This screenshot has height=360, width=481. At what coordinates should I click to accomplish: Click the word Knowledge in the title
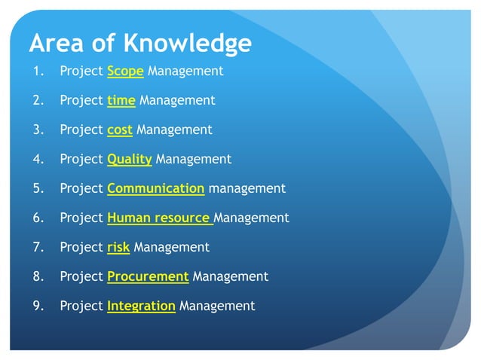[x=188, y=43]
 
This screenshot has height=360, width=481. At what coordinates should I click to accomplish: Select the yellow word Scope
[x=125, y=72]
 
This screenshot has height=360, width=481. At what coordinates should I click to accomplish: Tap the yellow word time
[x=121, y=100]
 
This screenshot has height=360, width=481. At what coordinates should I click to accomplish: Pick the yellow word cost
[x=120, y=130]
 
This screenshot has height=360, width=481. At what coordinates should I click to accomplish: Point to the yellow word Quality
[x=130, y=159]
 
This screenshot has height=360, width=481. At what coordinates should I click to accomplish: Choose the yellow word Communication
[x=155, y=188]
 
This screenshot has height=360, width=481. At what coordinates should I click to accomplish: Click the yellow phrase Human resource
[x=159, y=218]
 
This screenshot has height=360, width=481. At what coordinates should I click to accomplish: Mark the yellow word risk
[x=118, y=247]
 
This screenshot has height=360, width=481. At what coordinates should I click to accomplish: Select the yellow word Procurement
[x=148, y=276]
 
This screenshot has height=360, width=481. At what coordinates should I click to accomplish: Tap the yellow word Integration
[x=141, y=306]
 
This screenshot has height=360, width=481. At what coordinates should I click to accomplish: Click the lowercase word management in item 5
[x=247, y=188]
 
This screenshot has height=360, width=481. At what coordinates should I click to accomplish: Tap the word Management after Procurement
[x=231, y=276]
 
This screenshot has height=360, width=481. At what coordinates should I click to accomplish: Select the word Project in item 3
[x=81, y=130]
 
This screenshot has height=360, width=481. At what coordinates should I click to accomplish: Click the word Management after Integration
[x=217, y=306]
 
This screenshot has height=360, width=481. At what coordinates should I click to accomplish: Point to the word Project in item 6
[x=81, y=218]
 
